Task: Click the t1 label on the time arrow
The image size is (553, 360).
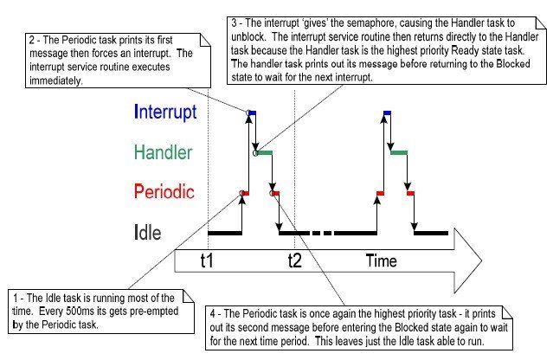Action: (x=208, y=260)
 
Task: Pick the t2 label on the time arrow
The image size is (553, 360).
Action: (x=293, y=260)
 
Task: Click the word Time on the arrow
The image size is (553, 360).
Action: (x=381, y=260)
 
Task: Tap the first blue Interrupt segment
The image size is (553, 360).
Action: (x=251, y=112)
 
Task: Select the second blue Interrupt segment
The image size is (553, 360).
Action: (x=386, y=112)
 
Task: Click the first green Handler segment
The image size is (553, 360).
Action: (x=263, y=153)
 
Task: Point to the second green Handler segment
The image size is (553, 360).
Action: (x=400, y=153)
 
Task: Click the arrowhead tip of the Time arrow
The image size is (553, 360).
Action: (x=480, y=259)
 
